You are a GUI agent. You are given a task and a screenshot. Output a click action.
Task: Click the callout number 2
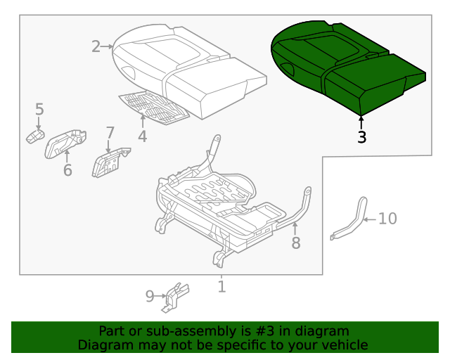[96, 47]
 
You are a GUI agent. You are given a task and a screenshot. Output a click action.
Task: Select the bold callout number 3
[361, 137]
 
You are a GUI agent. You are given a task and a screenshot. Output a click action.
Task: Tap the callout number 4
[143, 136]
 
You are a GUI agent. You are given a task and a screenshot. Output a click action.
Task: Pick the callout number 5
[39, 109]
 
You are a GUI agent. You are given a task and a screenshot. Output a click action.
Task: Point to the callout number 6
[67, 170]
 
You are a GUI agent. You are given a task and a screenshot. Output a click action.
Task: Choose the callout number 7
[110, 132]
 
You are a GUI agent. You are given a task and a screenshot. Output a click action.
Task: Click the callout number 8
[296, 243]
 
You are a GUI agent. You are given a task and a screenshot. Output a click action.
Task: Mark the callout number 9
[150, 296]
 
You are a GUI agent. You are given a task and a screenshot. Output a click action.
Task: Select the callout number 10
[387, 219]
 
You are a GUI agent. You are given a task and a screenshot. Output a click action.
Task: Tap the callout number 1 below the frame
[221, 286]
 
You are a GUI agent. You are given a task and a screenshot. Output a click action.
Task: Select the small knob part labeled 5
[35, 136]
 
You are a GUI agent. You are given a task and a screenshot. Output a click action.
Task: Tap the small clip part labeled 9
[174, 297]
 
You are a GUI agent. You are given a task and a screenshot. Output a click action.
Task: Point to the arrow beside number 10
[370, 219]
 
